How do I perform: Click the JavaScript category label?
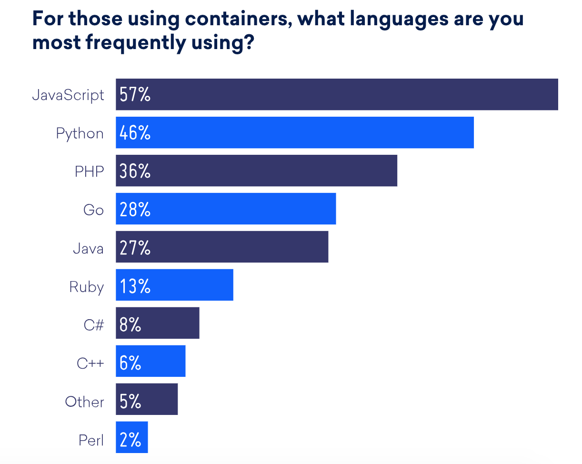tap(68, 95)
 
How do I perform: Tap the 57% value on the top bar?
tap(135, 95)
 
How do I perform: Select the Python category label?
tap(80, 133)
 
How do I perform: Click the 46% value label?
tap(135, 133)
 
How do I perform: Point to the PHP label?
tap(89, 171)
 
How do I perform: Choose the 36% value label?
tap(135, 171)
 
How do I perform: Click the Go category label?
tap(93, 209)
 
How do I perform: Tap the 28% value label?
tap(135, 209)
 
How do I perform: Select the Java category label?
tap(88, 248)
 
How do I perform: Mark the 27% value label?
tap(135, 248)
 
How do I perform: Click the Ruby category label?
tap(86, 286)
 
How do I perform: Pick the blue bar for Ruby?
tap(191, 285)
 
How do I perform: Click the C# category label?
tap(93, 325)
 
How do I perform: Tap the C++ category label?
tap(90, 363)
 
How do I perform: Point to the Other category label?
tap(84, 402)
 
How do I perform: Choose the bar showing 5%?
tap(157, 399)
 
